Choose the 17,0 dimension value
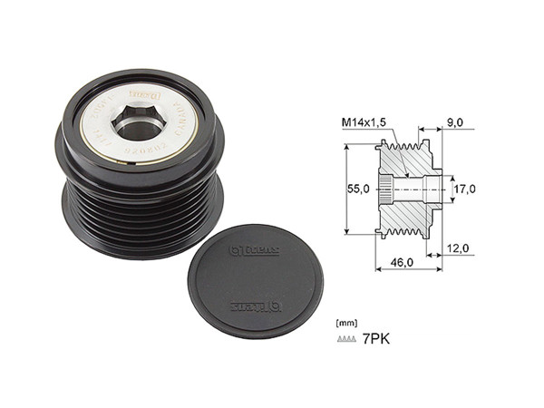[464, 189]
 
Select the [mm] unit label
[345, 322]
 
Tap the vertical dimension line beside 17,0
[447, 189]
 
